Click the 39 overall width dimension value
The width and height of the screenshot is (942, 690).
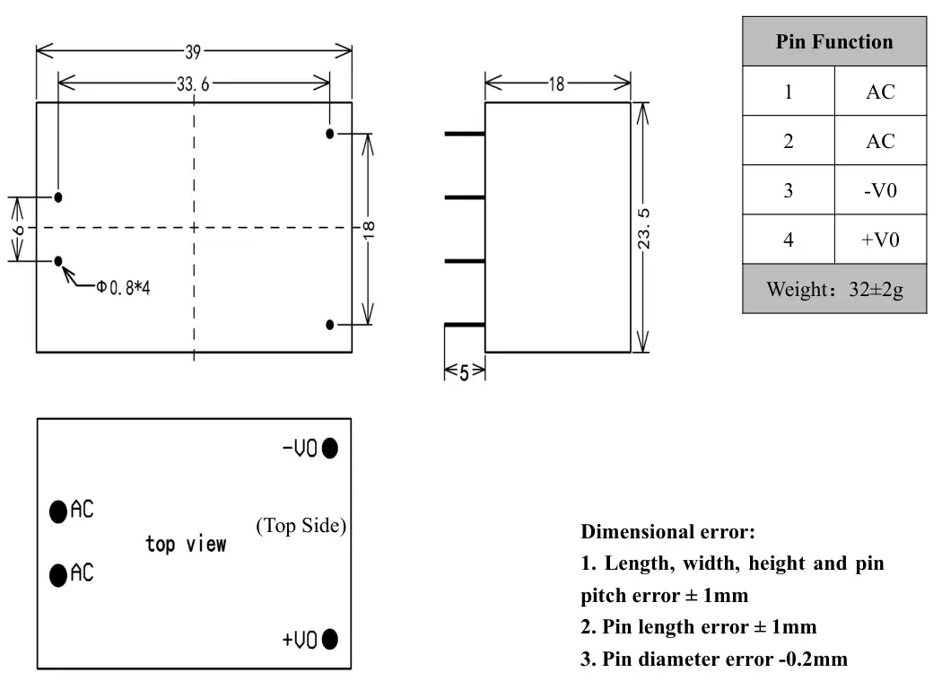click(193, 52)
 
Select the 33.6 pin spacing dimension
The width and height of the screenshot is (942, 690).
click(193, 84)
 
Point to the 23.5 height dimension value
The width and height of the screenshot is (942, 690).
click(643, 229)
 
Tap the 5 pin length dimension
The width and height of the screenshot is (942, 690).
click(464, 373)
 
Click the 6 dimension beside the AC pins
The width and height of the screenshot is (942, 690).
click(19, 231)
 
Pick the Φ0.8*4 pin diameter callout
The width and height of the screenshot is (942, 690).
click(123, 288)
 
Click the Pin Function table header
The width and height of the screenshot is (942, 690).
click(833, 41)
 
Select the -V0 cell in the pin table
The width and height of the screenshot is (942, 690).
click(880, 190)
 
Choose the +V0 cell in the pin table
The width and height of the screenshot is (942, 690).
click(880, 240)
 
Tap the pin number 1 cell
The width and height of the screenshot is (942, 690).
click(789, 92)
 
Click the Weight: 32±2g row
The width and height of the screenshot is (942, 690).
click(834, 289)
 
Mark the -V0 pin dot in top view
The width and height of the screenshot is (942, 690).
click(330, 448)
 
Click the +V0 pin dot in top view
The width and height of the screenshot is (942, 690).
click(330, 639)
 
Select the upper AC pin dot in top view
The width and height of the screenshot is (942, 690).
click(58, 511)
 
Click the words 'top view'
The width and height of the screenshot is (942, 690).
click(187, 544)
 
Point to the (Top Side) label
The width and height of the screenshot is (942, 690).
click(301, 526)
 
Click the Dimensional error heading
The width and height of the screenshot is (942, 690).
click(668, 532)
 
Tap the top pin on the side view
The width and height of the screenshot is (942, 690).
click(465, 134)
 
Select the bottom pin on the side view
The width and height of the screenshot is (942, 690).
click(465, 325)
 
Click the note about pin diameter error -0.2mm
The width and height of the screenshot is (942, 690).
click(714, 659)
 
